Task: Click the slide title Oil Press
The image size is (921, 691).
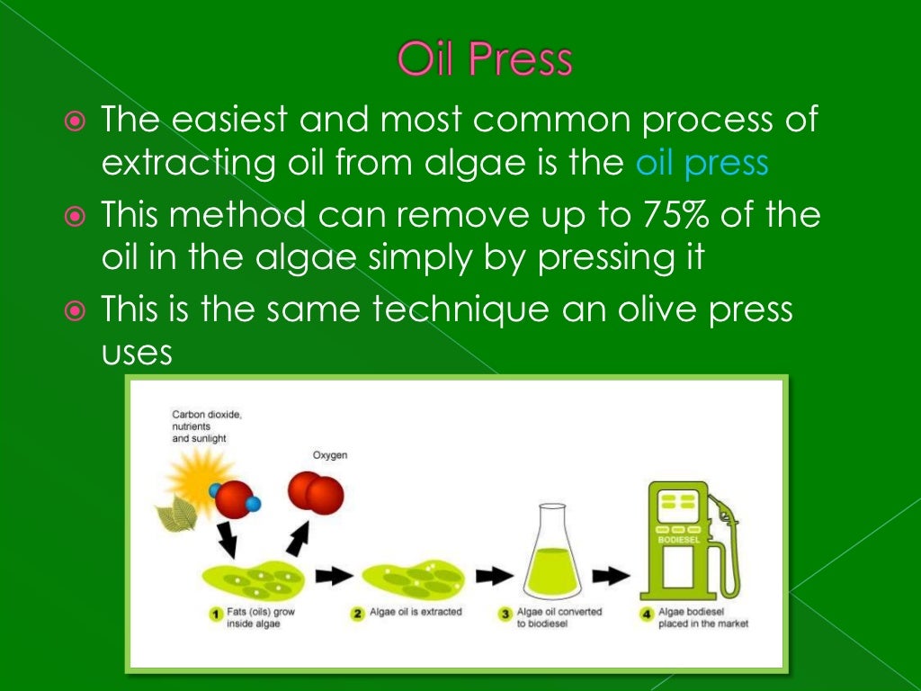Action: point(485,60)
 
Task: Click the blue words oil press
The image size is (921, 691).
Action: point(702,163)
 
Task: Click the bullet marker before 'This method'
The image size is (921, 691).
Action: point(76,216)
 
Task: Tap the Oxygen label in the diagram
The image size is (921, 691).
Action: point(329,455)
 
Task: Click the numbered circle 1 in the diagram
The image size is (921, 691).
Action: point(216,615)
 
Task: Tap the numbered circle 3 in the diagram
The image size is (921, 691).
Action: point(505,615)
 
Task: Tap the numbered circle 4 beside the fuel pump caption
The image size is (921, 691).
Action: point(646,615)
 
